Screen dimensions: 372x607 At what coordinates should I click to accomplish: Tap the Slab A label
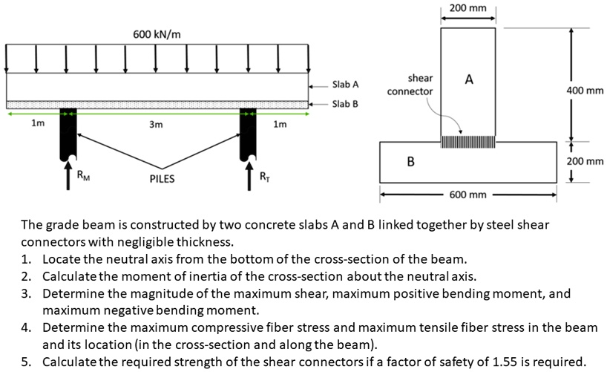click(345, 85)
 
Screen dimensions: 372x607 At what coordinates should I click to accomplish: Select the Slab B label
click(345, 104)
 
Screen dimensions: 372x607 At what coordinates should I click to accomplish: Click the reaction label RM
click(85, 176)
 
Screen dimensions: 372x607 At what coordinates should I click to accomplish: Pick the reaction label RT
click(265, 176)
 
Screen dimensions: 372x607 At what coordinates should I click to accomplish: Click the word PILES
click(162, 179)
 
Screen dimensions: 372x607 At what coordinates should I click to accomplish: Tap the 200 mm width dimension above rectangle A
click(467, 8)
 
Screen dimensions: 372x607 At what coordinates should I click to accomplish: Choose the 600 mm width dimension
click(467, 195)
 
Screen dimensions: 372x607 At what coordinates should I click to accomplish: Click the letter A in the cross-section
click(469, 79)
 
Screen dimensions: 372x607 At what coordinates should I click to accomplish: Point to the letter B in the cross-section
click(410, 161)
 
